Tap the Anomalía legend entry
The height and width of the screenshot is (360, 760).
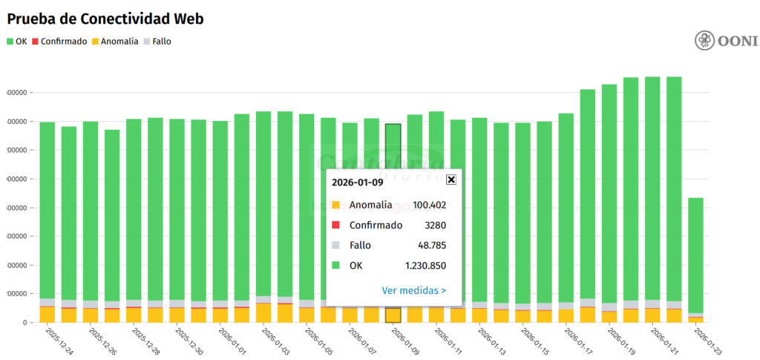point(114,42)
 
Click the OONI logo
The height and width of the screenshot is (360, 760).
point(725,41)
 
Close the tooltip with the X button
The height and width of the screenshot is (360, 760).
point(451,180)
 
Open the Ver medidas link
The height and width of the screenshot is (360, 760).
point(413,291)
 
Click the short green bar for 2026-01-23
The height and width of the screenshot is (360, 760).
point(695,252)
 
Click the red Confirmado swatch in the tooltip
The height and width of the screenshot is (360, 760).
point(335,226)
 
